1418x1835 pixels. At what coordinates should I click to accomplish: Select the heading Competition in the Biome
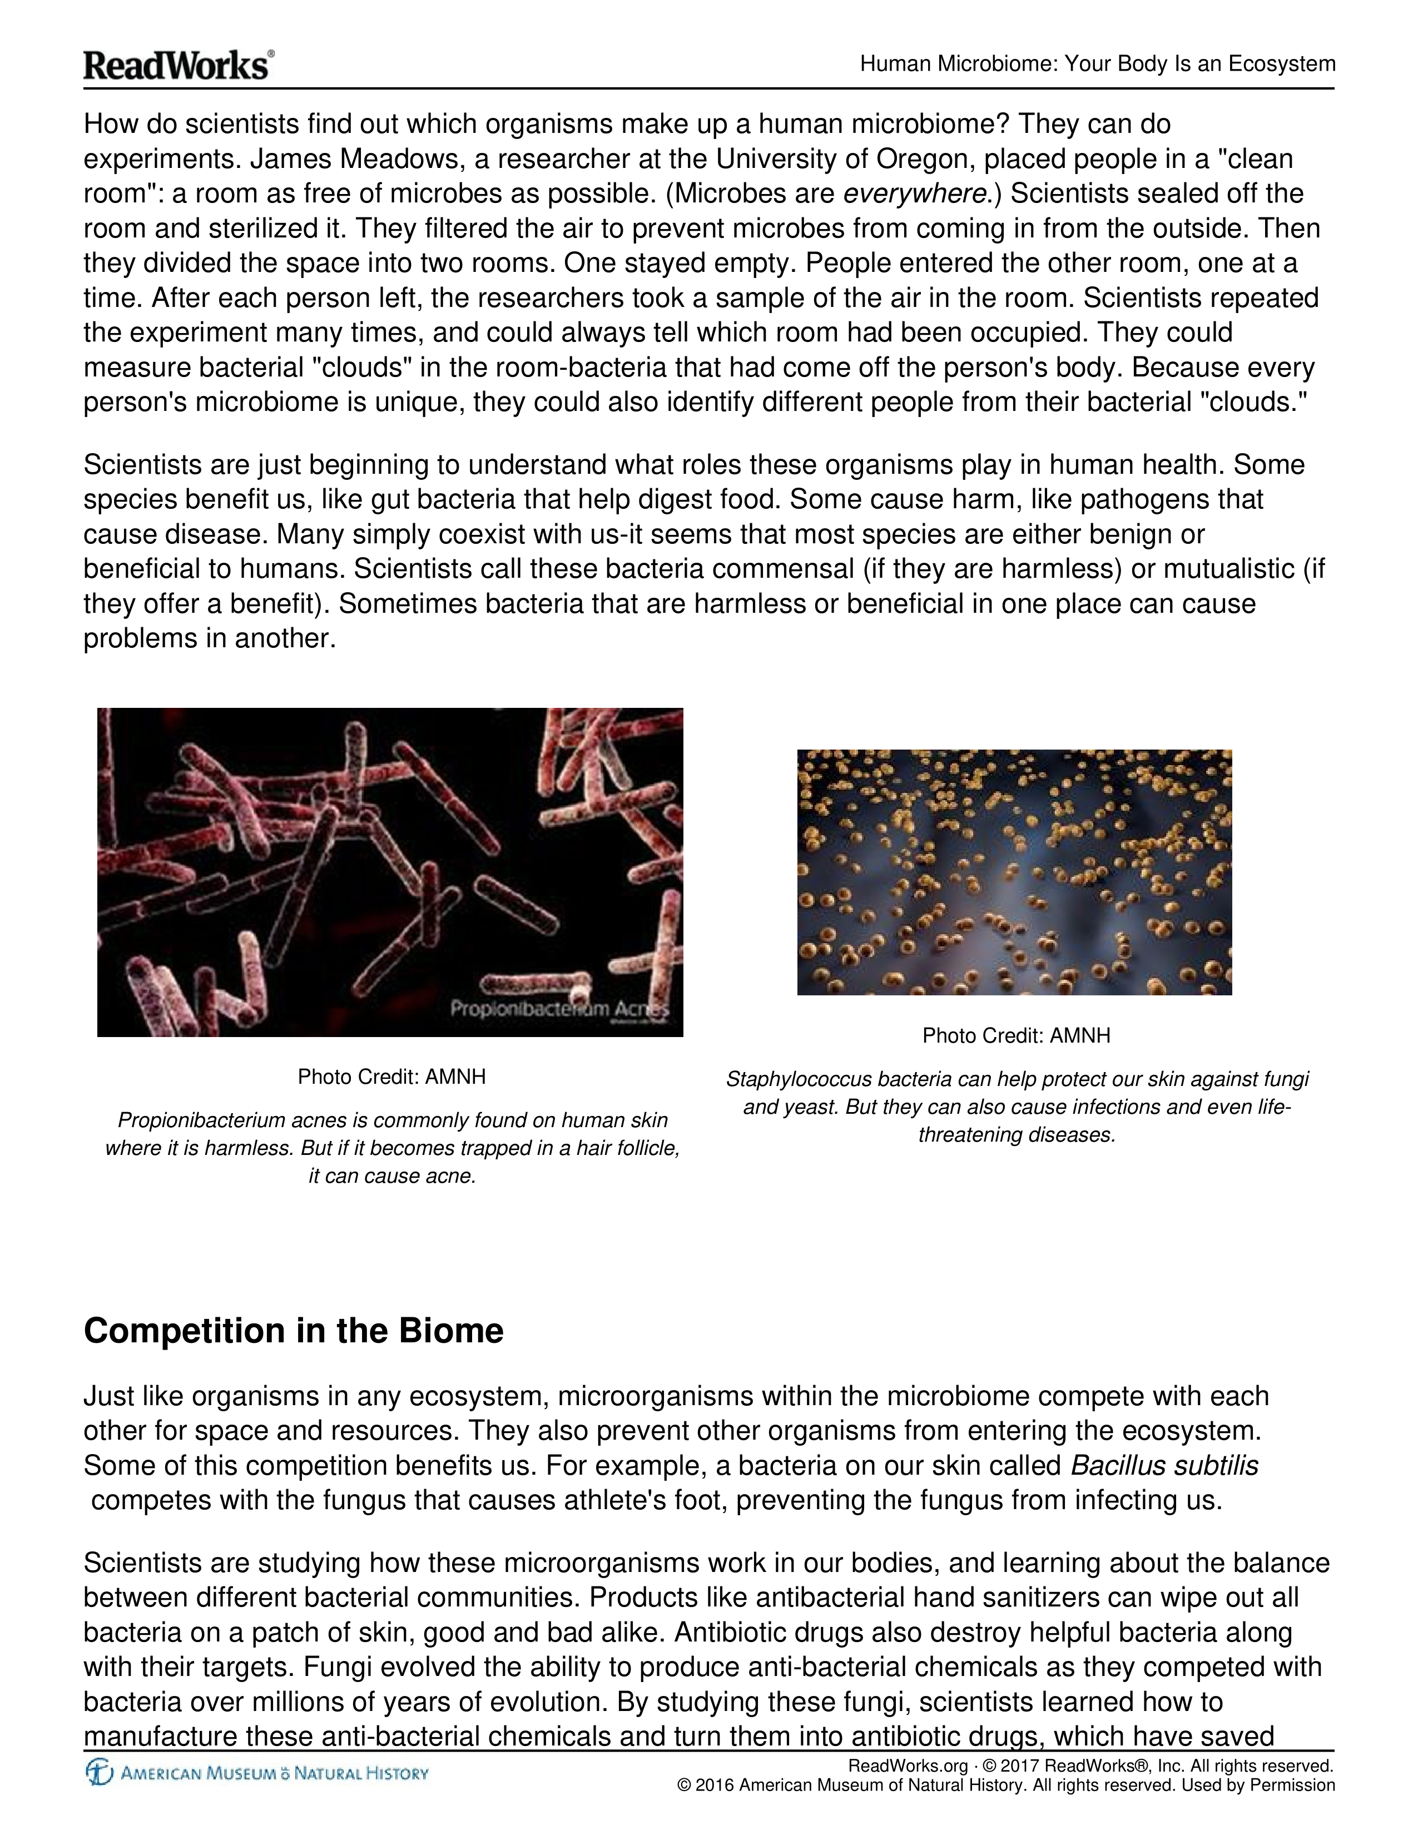pos(293,1331)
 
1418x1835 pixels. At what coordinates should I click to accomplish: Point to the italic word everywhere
pos(914,194)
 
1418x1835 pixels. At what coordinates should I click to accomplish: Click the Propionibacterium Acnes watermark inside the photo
pos(559,1008)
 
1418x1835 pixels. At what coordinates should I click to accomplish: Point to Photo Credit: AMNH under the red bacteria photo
pos(391,1077)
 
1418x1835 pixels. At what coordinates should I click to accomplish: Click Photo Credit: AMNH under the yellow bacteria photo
pos(1015,1035)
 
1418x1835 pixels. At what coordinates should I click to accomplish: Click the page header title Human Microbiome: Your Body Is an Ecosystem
pos(1097,64)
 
